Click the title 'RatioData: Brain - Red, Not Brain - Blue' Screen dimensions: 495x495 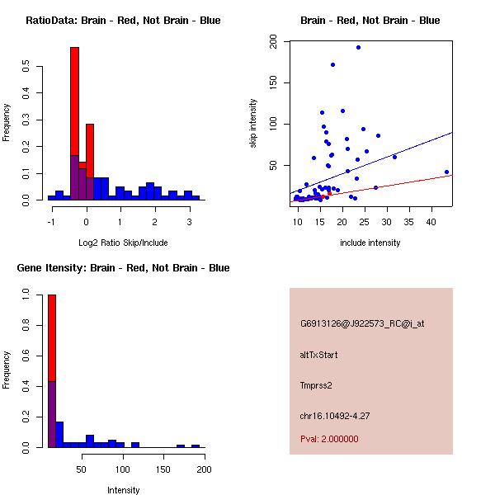[123, 20]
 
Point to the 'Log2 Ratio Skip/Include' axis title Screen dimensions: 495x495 [123, 243]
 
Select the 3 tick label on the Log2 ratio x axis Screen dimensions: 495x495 [190, 221]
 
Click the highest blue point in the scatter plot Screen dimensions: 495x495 [358, 47]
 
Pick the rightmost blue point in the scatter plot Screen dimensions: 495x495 [446, 172]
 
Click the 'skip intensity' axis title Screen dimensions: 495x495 [253, 124]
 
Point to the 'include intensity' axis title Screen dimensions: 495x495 [370, 243]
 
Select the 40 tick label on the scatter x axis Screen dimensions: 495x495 [431, 221]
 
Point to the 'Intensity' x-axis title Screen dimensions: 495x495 [123, 490]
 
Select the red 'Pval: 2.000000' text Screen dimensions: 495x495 [329, 439]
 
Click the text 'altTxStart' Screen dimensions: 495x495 [319, 355]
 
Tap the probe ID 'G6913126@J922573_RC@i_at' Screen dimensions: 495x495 [362, 324]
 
